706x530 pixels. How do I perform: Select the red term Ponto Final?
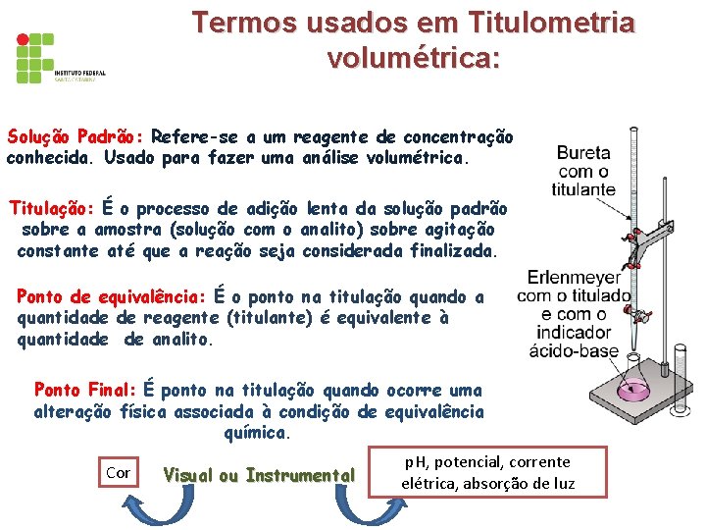[85, 391]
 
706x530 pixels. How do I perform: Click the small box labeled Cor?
[118, 473]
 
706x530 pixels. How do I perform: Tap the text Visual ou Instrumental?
[259, 476]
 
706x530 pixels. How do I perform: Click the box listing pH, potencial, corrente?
[487, 472]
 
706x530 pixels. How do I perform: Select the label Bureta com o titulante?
[583, 171]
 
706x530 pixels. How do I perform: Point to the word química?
[256, 432]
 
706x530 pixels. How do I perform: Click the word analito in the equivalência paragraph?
[178, 340]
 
